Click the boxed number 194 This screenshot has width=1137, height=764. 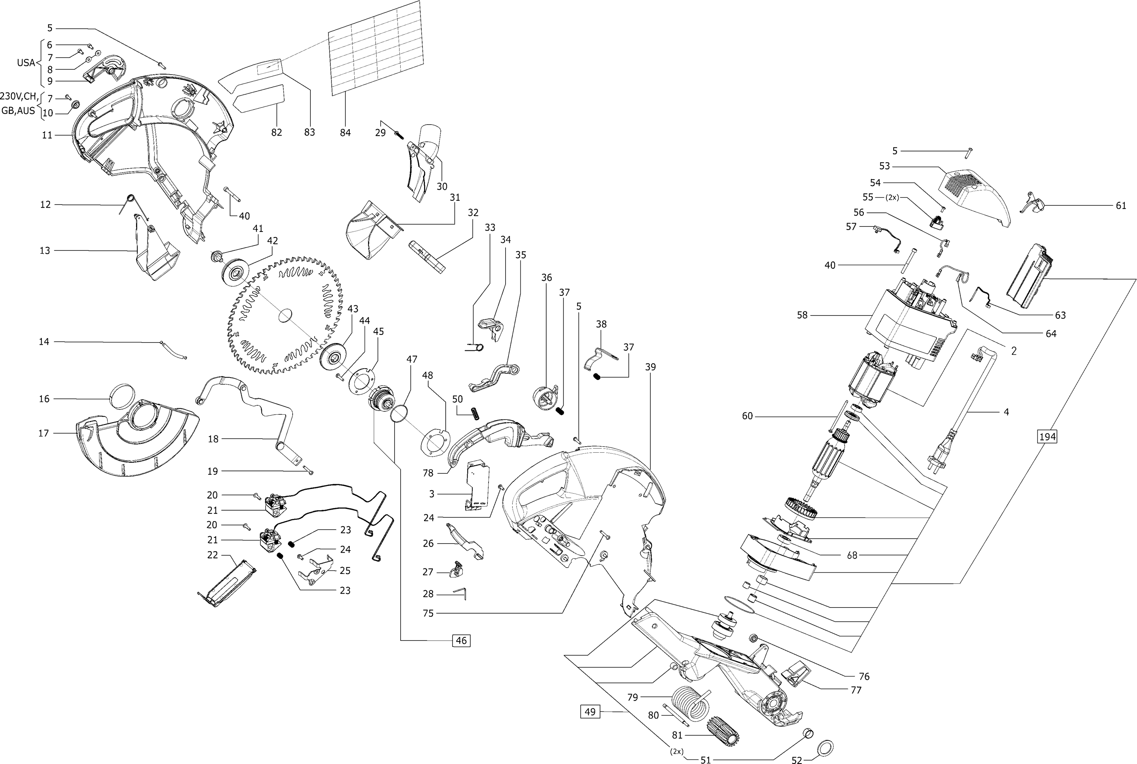(x=1047, y=437)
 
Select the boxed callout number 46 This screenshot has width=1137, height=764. (x=461, y=640)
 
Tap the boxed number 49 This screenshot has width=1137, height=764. (x=590, y=712)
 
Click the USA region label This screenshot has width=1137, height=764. (x=26, y=63)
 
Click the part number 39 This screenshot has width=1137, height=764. (x=650, y=367)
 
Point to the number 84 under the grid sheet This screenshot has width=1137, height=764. (x=345, y=132)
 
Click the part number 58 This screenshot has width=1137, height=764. (x=802, y=315)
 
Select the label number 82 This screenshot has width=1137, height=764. (x=276, y=132)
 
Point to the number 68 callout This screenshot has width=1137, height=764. (x=852, y=555)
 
